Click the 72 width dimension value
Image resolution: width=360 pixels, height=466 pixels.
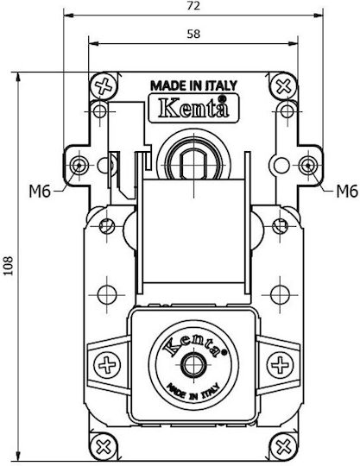click(x=193, y=6)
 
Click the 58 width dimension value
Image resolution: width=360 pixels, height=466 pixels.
click(x=193, y=35)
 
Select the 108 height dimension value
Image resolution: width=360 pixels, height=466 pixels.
click(x=9, y=266)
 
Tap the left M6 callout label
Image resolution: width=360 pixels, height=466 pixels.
click(x=40, y=192)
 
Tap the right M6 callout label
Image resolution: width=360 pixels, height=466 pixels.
click(x=347, y=192)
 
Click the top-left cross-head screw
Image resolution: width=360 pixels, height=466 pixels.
click(x=104, y=86)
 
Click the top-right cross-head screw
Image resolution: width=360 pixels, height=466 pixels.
click(x=284, y=86)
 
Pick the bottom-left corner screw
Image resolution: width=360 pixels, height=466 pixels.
click(x=104, y=446)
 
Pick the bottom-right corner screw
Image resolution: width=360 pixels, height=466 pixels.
click(x=284, y=446)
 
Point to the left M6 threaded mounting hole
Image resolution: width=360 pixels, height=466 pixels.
click(x=79, y=165)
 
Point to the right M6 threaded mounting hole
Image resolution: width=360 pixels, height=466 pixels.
click(x=308, y=165)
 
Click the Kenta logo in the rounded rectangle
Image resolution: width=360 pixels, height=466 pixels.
click(x=194, y=108)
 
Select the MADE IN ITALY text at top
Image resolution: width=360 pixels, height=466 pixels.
click(x=194, y=85)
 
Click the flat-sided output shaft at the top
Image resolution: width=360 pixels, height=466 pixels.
click(x=194, y=164)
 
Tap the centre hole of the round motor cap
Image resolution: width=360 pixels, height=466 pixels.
click(x=194, y=364)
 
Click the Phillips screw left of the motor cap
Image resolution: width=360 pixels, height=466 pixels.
click(x=107, y=365)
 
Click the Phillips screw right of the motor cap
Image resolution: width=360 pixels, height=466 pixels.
click(x=280, y=365)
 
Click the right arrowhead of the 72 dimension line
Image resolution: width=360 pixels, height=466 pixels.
click(x=319, y=16)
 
